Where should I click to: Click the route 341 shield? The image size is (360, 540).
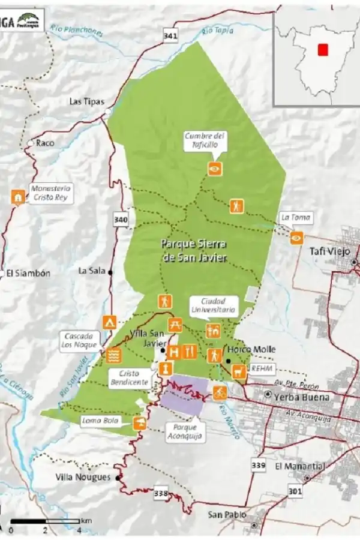click(170, 37)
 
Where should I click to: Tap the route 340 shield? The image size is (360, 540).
click(121, 220)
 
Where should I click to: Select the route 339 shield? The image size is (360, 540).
click(259, 465)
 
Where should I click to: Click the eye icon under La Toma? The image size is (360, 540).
click(296, 238)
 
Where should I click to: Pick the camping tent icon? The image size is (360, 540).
click(109, 322)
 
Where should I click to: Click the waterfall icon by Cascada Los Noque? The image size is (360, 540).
click(113, 355)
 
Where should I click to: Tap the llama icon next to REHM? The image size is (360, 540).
click(238, 371)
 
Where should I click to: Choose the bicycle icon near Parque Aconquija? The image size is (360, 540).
click(220, 392)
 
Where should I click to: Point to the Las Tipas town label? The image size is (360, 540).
click(83, 101)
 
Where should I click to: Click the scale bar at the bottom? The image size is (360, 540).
click(45, 521)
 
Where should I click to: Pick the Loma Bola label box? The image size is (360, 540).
click(103, 421)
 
